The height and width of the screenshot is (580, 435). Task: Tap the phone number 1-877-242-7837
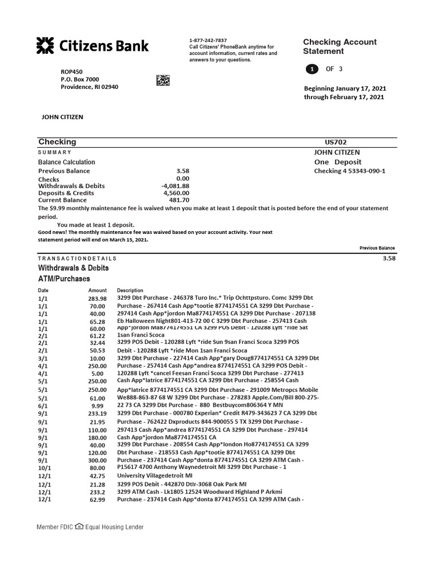[208, 40]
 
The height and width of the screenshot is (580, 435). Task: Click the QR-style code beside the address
[163, 80]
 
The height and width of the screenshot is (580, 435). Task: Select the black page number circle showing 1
[311, 69]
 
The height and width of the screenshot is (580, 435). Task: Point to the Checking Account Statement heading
[339, 46]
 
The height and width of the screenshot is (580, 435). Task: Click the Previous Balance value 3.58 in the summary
[182, 170]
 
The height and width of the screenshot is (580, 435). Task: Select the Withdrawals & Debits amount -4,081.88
[175, 186]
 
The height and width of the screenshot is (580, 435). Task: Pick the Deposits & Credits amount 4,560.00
[176, 193]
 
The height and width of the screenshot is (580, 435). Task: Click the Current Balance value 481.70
[179, 201]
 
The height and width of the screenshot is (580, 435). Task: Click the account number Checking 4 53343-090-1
[349, 171]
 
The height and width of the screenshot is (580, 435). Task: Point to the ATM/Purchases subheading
[63, 279]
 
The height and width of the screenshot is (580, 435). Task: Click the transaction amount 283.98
[97, 298]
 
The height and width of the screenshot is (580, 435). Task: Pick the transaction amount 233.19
[97, 414]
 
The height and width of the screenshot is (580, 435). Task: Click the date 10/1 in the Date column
[44, 468]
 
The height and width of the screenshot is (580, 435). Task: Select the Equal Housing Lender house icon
[79, 527]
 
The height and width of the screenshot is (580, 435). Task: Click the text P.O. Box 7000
[79, 79]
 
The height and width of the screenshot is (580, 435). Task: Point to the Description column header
[130, 290]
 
